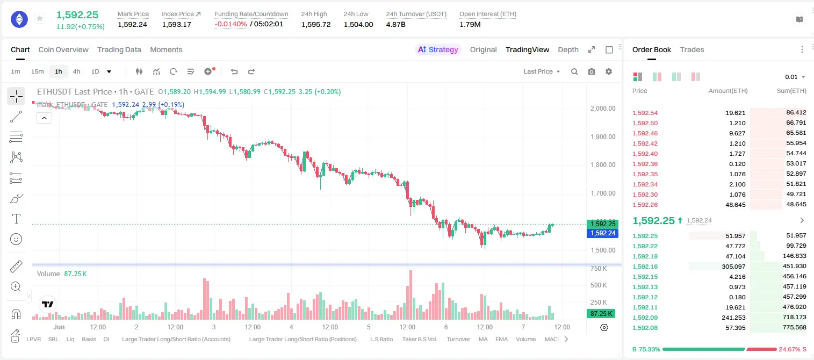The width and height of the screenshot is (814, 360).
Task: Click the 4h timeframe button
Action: click(76, 71)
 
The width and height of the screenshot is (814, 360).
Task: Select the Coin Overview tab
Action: click(63, 50)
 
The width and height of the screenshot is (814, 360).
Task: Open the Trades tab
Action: click(692, 50)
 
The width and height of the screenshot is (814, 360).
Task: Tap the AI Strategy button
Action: click(438, 50)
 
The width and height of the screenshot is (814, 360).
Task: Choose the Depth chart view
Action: click(568, 50)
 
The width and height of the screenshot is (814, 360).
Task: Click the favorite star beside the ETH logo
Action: click(40, 18)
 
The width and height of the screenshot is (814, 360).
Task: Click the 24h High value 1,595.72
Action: click(316, 24)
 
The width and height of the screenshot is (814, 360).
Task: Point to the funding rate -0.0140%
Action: click(230, 24)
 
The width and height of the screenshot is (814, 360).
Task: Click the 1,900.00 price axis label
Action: click(603, 137)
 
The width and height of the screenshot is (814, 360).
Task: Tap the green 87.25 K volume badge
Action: click(601, 313)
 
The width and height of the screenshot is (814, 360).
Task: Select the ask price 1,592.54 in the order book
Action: click(645, 113)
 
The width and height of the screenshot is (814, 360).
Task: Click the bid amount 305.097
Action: click(733, 267)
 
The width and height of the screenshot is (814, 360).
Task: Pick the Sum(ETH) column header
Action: click(791, 91)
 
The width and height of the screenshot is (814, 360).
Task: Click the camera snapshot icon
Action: click(592, 71)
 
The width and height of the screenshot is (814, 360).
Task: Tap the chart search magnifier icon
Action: click(574, 71)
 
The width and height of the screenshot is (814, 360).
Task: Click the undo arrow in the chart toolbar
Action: click(234, 71)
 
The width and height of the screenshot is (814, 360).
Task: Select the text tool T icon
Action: click(16, 219)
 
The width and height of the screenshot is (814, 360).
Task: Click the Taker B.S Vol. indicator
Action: click(419, 339)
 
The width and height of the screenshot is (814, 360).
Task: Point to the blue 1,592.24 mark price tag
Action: click(602, 233)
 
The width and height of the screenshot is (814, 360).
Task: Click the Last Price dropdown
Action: click(542, 71)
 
